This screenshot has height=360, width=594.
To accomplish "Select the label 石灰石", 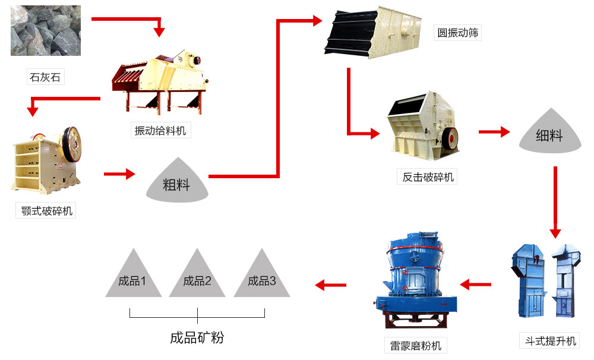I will pos(45,77).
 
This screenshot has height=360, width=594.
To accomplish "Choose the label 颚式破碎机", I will pos(46,211).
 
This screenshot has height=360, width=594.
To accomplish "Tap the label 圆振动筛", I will pos(458,33).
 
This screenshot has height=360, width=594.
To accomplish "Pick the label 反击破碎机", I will pos(428,177).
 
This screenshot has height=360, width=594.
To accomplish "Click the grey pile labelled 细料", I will pos(549,134).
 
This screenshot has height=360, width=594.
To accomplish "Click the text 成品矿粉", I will pos(197,338).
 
